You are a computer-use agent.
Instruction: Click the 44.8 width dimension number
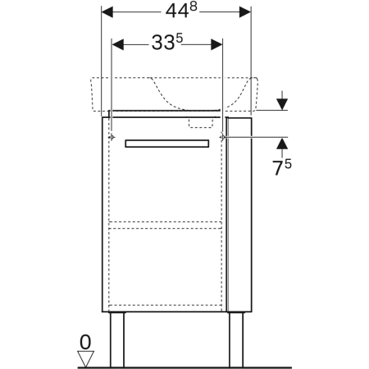click(x=181, y=11)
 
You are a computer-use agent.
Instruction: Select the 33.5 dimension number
click(x=167, y=42)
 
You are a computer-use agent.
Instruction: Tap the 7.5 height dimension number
click(x=282, y=167)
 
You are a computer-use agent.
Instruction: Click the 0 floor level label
click(x=85, y=342)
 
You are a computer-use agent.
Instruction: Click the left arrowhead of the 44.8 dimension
click(x=107, y=12)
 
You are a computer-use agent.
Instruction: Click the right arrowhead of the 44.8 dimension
click(x=245, y=12)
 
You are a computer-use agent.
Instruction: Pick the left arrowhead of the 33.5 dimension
click(x=118, y=44)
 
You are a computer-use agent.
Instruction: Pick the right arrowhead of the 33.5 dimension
click(x=216, y=44)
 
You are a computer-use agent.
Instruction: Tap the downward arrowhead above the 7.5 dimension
click(x=282, y=104)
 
